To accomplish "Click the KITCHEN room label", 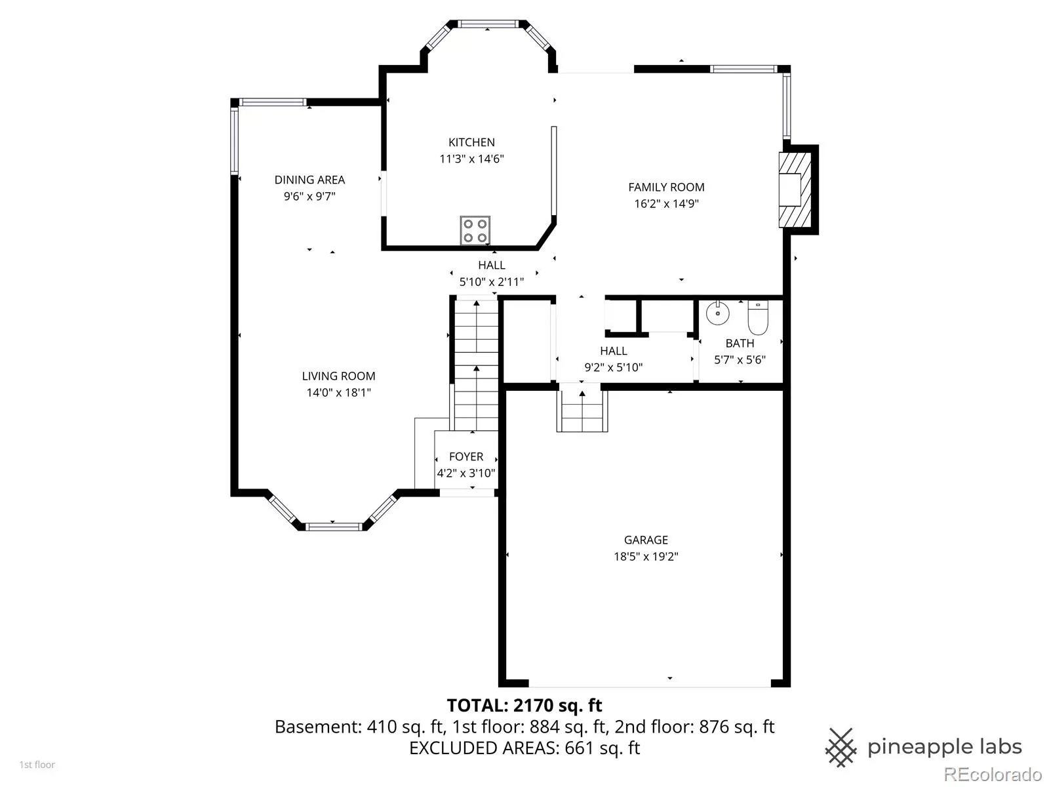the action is click(x=471, y=142).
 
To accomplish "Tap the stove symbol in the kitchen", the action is click(x=475, y=230).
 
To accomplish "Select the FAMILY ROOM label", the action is click(x=666, y=188).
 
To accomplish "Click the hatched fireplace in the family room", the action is click(x=795, y=190).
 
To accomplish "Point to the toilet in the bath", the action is click(x=758, y=317).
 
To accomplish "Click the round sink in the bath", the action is click(x=718, y=313).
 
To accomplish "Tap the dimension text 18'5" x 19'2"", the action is click(x=646, y=557).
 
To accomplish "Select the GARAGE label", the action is click(x=646, y=540).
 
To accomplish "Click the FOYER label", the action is click(x=466, y=457).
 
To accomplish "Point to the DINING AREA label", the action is click(x=309, y=180).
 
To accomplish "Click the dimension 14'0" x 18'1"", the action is click(x=339, y=393).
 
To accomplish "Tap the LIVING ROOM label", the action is click(x=339, y=376).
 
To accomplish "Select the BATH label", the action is click(x=740, y=344).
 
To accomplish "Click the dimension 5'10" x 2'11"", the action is click(x=492, y=282).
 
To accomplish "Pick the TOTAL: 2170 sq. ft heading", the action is click(x=524, y=705).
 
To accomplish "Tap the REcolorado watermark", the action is click(x=993, y=774).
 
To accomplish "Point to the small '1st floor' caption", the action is click(x=37, y=765).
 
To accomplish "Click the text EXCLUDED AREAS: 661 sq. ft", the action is click(x=524, y=748).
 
